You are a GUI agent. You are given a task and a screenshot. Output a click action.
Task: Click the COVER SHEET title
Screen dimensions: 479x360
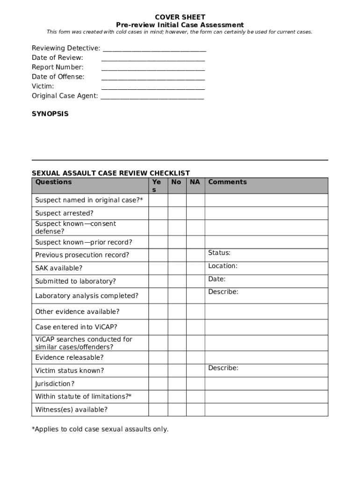(180, 17)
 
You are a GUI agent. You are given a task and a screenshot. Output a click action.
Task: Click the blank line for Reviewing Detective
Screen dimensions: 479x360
(154, 49)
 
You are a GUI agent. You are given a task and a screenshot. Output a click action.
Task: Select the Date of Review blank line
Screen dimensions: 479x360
(153, 58)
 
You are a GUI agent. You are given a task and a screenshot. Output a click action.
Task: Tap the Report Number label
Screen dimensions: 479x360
(58, 67)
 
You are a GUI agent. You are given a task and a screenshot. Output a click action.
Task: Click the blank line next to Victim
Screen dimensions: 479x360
(153, 87)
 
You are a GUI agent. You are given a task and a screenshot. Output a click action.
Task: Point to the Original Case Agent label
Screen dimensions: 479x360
(65, 96)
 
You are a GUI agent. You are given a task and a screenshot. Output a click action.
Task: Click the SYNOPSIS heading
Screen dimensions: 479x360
(50, 114)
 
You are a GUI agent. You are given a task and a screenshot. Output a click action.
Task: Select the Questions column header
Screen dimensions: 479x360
(54, 182)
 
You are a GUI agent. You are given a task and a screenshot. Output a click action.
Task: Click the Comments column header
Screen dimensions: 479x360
(227, 182)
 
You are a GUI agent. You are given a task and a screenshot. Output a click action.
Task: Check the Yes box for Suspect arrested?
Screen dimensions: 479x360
(158, 213)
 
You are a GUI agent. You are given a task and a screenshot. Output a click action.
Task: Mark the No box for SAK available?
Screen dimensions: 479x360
(177, 268)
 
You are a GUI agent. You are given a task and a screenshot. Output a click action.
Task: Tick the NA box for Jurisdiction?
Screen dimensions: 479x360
(195, 384)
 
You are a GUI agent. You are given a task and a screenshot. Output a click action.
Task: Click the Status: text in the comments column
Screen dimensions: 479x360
(219, 253)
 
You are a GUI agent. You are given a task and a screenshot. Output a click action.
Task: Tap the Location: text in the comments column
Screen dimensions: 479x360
(223, 266)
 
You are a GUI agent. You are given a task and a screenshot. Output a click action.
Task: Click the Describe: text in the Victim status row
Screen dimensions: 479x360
(223, 368)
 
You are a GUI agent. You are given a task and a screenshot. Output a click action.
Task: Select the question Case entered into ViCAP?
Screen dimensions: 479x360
(76, 327)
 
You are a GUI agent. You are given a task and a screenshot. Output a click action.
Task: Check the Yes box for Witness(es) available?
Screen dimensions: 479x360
(158, 410)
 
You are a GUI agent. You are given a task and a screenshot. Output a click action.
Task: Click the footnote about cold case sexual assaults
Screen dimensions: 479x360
(100, 429)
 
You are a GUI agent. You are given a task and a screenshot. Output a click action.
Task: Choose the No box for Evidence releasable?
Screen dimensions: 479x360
(177, 357)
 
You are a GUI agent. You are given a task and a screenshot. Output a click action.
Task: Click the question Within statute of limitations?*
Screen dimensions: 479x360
(83, 397)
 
